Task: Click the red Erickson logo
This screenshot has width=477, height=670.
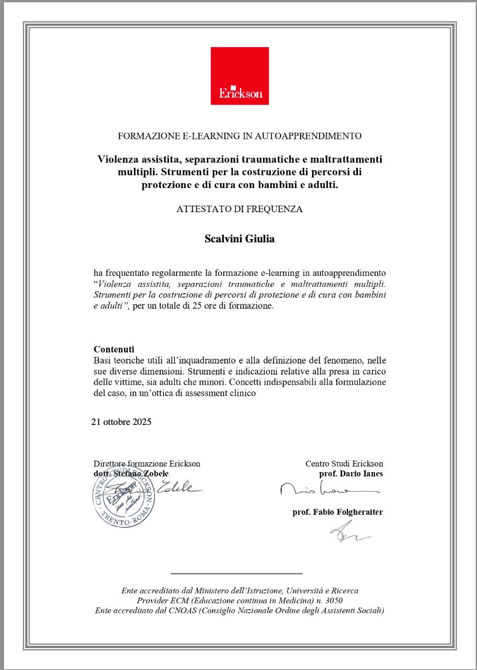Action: pos(240,76)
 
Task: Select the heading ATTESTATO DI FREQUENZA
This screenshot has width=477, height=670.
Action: pos(240,209)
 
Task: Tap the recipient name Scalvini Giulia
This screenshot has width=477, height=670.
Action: pos(240,239)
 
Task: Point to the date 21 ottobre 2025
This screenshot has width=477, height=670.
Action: pos(121,422)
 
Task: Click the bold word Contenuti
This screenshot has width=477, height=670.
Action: pos(114,349)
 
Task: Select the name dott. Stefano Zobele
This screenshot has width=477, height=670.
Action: pos(131,473)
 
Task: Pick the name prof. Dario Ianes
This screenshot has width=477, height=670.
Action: pos(351,473)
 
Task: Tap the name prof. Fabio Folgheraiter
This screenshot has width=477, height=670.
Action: pos(338,512)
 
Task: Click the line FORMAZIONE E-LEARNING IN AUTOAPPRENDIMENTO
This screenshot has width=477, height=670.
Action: pos(240,135)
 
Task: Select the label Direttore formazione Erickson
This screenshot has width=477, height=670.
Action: pos(147,464)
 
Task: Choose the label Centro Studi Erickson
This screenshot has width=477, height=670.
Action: pos(344,464)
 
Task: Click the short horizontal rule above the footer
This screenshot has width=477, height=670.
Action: pos(237,574)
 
